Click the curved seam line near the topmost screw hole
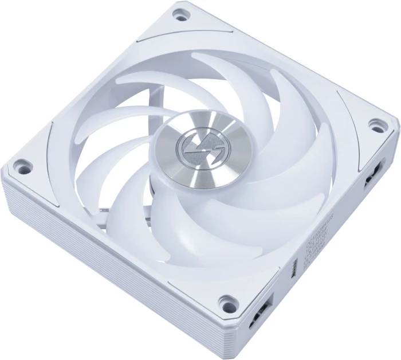click(166, 34)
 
